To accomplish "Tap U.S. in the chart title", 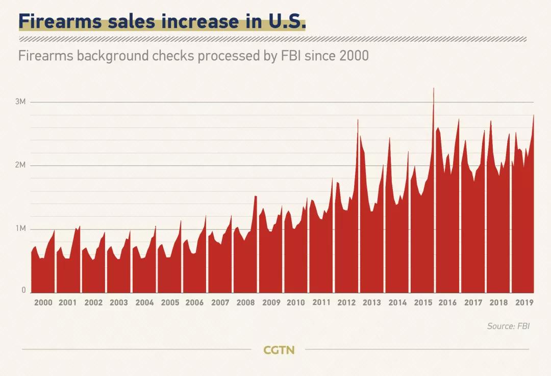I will click(x=286, y=22).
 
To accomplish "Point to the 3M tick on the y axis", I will click(x=20, y=102).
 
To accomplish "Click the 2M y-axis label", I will click(x=20, y=166).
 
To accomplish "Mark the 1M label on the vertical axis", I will click(x=20, y=229).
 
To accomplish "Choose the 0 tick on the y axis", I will click(x=23, y=290).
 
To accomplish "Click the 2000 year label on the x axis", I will click(x=43, y=302).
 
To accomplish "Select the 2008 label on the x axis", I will click(x=245, y=302).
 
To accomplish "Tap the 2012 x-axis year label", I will click(x=346, y=302).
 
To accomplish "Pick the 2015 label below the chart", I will click(x=422, y=302).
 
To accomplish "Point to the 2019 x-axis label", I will click(x=524, y=302).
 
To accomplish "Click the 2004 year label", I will click(x=144, y=302).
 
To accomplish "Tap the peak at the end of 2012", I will click(x=358, y=120).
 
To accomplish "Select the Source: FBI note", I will click(x=508, y=326).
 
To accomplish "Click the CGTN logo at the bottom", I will click(x=279, y=350).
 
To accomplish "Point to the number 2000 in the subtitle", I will click(x=354, y=56).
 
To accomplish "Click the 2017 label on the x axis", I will click(x=473, y=302).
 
